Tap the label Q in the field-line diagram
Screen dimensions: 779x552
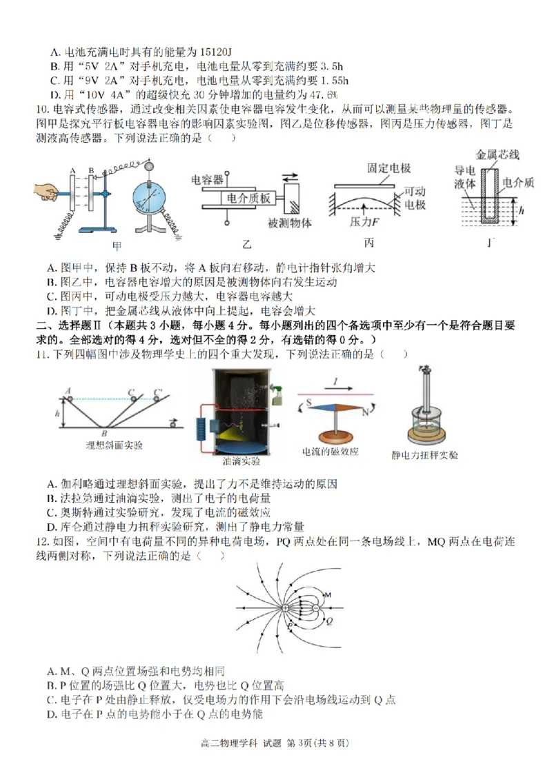(x=329, y=620)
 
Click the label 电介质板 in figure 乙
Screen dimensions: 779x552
(x=249, y=199)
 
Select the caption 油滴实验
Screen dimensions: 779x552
(x=237, y=460)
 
